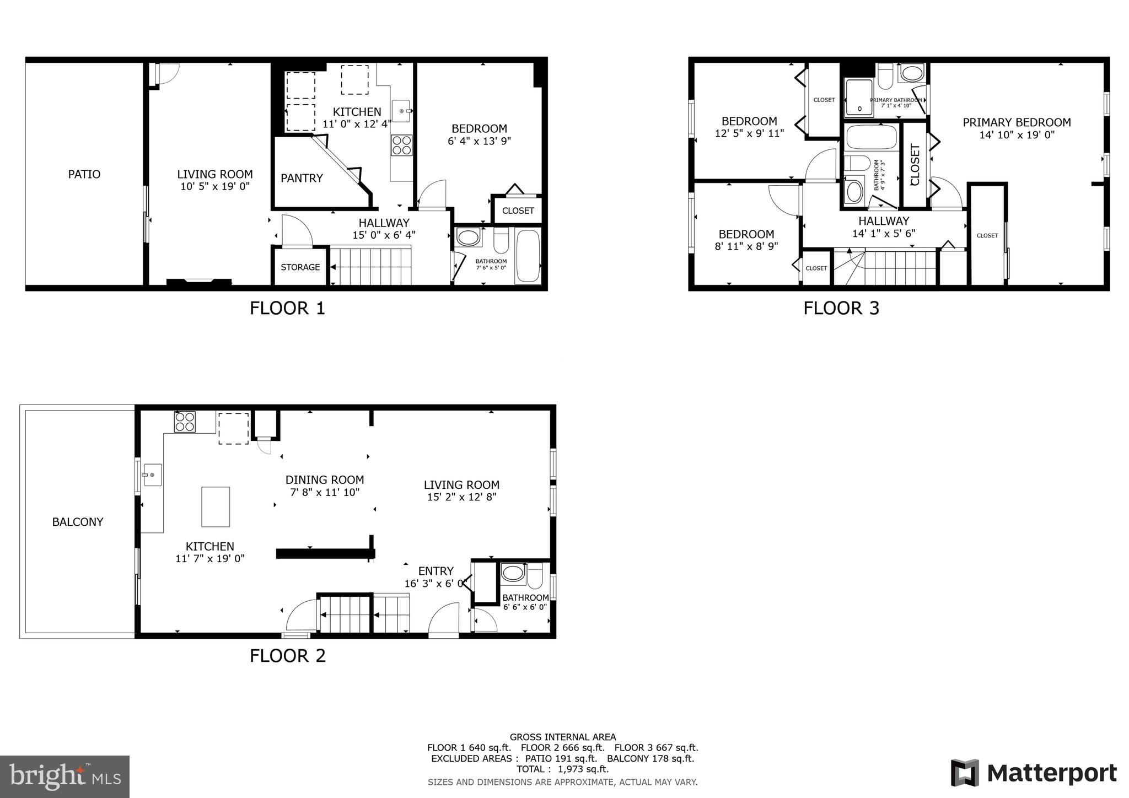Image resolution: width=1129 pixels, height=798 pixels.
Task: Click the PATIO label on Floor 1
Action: coord(84,174)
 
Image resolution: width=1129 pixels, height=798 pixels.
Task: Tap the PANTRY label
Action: coord(302,178)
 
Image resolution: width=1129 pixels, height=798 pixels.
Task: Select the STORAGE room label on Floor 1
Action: coord(300,267)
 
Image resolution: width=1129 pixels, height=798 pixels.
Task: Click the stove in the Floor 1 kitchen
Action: coord(401,145)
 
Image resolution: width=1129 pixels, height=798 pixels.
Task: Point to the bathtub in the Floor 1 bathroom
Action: coord(528,256)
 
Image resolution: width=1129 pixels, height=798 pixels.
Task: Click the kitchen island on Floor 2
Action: coord(216,506)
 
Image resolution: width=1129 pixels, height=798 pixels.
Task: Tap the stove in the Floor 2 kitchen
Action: coord(185,422)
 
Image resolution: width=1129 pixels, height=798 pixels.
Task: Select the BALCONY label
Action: coord(78,522)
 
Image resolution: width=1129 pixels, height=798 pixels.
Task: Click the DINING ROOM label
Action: coord(325,480)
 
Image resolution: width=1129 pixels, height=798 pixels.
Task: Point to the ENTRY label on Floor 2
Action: coord(436,571)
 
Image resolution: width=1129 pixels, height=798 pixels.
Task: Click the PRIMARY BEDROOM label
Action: coord(1017,122)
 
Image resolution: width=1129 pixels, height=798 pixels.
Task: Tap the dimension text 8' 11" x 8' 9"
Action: coord(746,246)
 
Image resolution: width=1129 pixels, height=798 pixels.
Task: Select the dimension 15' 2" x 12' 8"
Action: coord(462,497)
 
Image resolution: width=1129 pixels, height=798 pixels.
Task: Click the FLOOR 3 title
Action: coord(841,308)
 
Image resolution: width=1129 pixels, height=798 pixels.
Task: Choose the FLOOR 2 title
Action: coord(288,656)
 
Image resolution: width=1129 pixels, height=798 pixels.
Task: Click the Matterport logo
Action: coord(1034,773)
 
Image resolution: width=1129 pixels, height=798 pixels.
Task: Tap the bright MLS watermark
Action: coord(65,777)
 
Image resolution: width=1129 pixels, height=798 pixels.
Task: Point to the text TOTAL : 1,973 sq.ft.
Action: coord(562,769)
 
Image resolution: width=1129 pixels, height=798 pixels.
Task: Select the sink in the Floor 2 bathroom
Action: coord(513,573)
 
